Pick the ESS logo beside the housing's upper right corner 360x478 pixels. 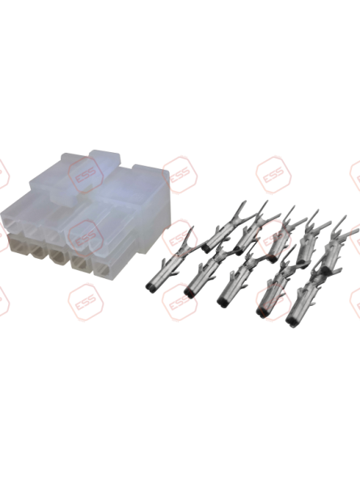point(178,173)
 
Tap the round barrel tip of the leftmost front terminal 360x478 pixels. point(153,285)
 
